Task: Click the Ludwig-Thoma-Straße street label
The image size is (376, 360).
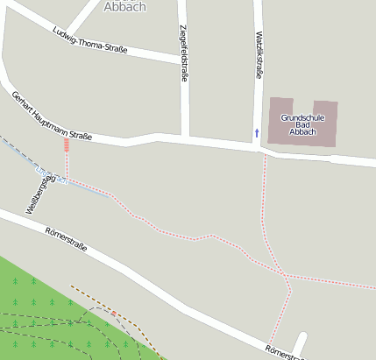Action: point(90,41)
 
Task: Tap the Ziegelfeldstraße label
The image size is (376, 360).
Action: point(183,53)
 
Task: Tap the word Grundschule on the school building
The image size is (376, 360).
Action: point(302,117)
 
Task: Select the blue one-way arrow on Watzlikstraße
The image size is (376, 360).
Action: point(257,132)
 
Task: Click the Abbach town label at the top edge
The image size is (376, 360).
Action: point(124,6)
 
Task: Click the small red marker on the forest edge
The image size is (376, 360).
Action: point(113,312)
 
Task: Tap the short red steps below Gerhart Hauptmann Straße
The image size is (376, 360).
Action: point(67,151)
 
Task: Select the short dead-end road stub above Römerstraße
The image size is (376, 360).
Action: point(300,343)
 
